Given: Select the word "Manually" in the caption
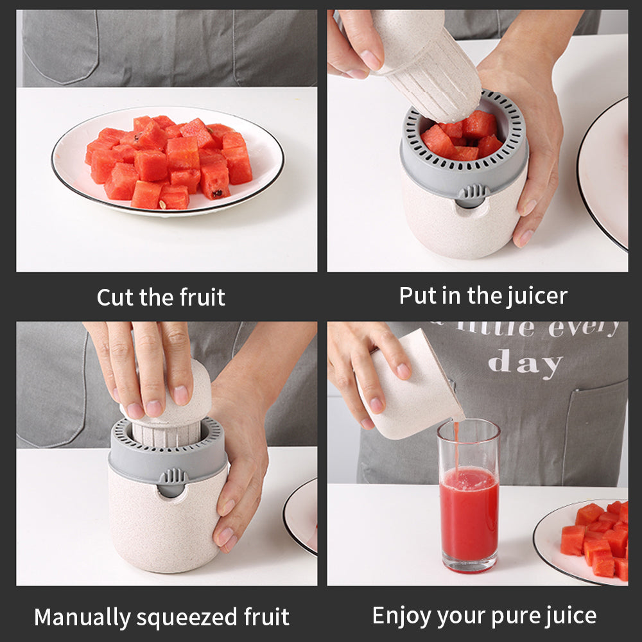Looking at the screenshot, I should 82,618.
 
